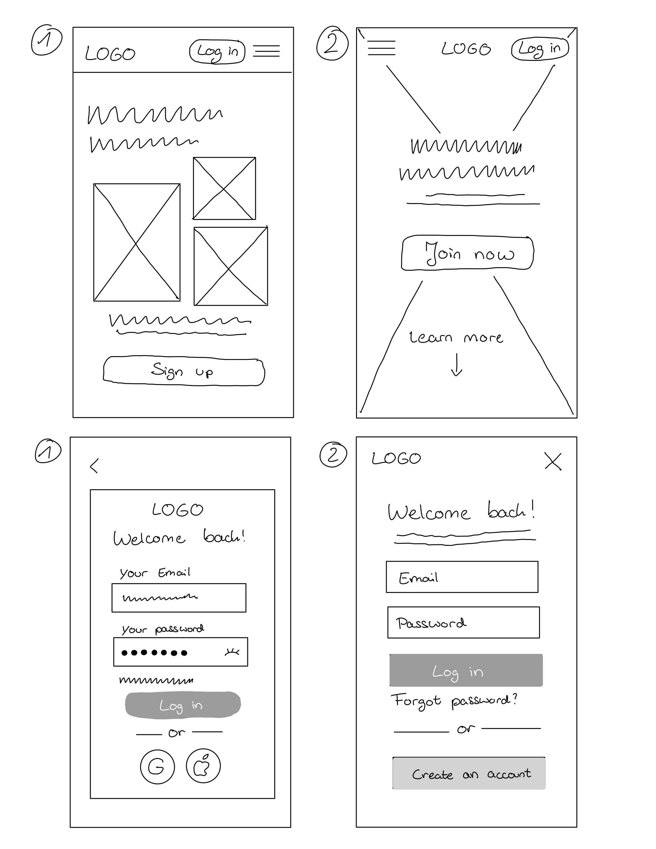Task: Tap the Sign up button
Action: [183, 371]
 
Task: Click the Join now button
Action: [467, 253]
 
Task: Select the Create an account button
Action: [469, 774]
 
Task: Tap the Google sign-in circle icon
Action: [157, 767]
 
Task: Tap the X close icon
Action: [553, 461]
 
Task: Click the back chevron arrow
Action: [94, 465]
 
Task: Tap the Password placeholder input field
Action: [463, 623]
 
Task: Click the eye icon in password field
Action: [232, 652]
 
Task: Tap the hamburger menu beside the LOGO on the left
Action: [381, 48]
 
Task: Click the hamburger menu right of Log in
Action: [266, 51]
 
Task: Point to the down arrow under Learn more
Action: [456, 365]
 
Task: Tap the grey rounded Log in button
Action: [183, 705]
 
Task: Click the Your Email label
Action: [155, 573]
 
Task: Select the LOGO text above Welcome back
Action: [178, 509]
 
